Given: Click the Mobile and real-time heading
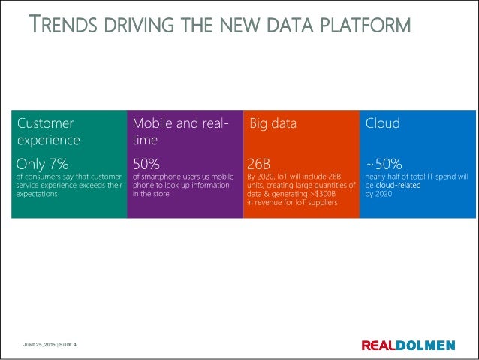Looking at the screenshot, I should click(x=181, y=131).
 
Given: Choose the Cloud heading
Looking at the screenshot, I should click(x=382, y=123).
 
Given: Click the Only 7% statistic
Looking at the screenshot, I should click(x=42, y=163).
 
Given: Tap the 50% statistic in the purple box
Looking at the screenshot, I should click(x=146, y=163).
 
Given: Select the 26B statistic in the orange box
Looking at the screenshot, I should click(x=261, y=163).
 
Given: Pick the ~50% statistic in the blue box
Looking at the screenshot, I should click(x=384, y=163).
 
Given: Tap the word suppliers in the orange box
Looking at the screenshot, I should click(x=322, y=203).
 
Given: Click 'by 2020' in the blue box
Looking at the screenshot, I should click(x=379, y=194).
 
